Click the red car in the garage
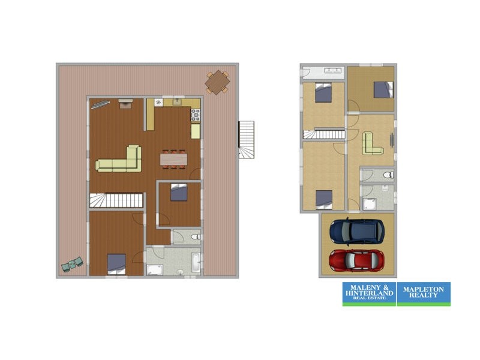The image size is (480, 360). point(356,260)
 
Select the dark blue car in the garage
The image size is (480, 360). point(357,232)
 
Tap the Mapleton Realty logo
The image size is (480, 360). point(424,294)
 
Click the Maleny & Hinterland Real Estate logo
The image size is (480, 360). point(369,294)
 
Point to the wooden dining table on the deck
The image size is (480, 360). point(217,82)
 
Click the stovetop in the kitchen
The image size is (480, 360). point(196,115)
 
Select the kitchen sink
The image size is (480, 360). point(177,102)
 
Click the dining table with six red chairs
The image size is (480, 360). point(173,159)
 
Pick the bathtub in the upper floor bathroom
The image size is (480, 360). point(196,262)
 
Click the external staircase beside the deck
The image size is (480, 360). point(247,140)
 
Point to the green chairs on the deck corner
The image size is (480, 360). point(72,264)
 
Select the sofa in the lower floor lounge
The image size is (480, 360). point(372,143)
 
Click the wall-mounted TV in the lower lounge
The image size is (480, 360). point(392,140)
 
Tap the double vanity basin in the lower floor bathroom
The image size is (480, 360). point(332,71)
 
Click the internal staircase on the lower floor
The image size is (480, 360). point(324,134)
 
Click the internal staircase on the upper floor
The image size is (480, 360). point(116,200)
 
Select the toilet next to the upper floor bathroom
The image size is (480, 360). point(196,236)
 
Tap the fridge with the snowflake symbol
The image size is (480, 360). point(158,103)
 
